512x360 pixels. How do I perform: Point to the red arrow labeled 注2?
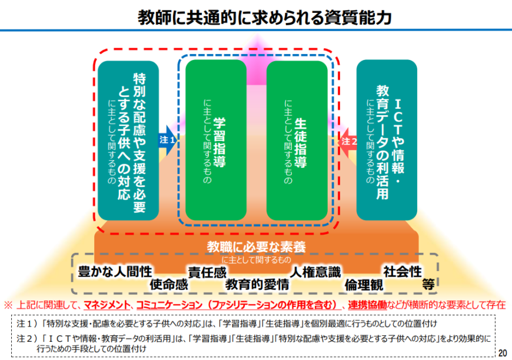coord(349,141)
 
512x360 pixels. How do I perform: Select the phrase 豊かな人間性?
coord(115,271)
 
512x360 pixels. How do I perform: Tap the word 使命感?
coord(168,284)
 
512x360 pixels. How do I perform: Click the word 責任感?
coord(207,272)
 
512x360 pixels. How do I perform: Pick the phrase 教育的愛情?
coord(258,284)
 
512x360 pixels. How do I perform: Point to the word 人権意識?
coord(315,272)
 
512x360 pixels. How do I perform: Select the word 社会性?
coord(403,271)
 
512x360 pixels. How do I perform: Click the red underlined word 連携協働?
coord(367,305)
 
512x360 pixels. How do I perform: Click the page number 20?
coord(502,352)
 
